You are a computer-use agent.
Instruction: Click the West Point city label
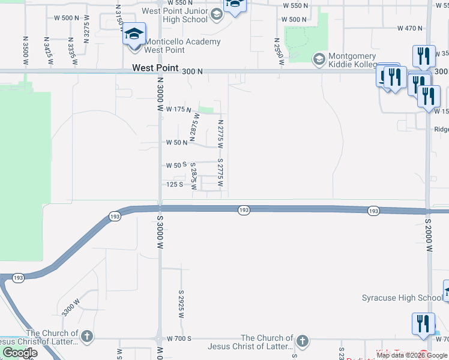click(x=155, y=68)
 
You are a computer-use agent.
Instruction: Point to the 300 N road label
click(x=192, y=71)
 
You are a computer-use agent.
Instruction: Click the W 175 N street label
click(x=178, y=110)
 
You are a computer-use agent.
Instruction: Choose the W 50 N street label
click(x=177, y=143)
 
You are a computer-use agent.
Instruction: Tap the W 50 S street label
click(x=177, y=165)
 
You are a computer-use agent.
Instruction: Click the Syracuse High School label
click(x=402, y=298)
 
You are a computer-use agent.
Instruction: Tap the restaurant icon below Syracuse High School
click(x=423, y=323)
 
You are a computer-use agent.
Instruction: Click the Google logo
click(x=20, y=353)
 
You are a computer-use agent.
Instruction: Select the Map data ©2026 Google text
click(x=412, y=356)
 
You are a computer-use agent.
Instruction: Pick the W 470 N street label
click(x=410, y=28)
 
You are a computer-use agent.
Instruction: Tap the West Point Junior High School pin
click(x=217, y=13)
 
